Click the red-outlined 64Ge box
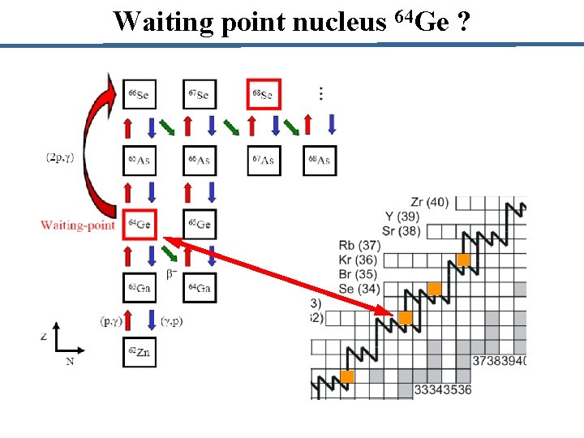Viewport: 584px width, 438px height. tap(140, 224)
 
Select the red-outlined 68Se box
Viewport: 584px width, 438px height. tap(264, 95)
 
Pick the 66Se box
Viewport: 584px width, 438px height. tap(139, 95)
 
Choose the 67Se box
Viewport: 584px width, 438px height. tap(200, 95)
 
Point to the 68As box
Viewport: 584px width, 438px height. tap(320, 161)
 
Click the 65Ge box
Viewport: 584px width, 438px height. tap(200, 224)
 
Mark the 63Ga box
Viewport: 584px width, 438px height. tap(139, 287)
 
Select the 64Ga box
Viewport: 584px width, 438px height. tap(200, 287)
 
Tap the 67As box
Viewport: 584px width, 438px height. tap(264, 161)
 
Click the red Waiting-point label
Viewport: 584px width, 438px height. tap(78, 225)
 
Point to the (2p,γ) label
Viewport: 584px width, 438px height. tap(60, 157)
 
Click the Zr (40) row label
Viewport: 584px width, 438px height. tap(429, 202)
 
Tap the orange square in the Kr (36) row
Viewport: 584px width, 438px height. tap(464, 260)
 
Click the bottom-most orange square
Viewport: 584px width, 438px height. tap(347, 376)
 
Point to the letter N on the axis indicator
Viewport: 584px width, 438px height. tap(70, 361)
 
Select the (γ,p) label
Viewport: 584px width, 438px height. tap(171, 320)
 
